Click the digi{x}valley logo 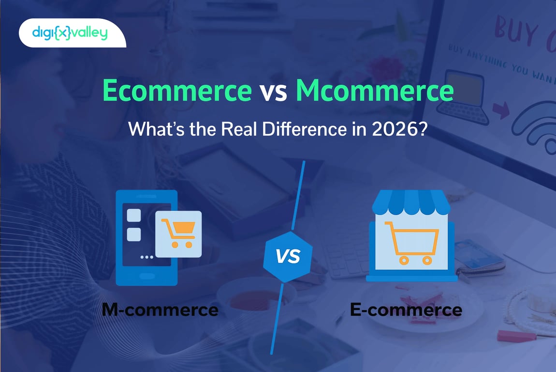click(70, 33)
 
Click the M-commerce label click(160, 309)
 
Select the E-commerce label click(406, 309)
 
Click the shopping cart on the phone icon click(178, 233)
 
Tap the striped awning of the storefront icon click(410, 202)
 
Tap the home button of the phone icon click(146, 275)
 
